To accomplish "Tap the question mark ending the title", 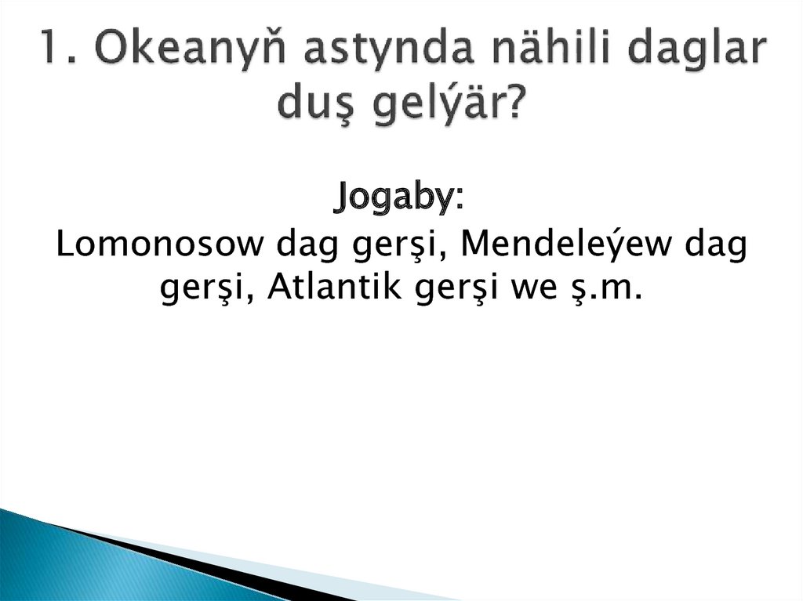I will [514, 102].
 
